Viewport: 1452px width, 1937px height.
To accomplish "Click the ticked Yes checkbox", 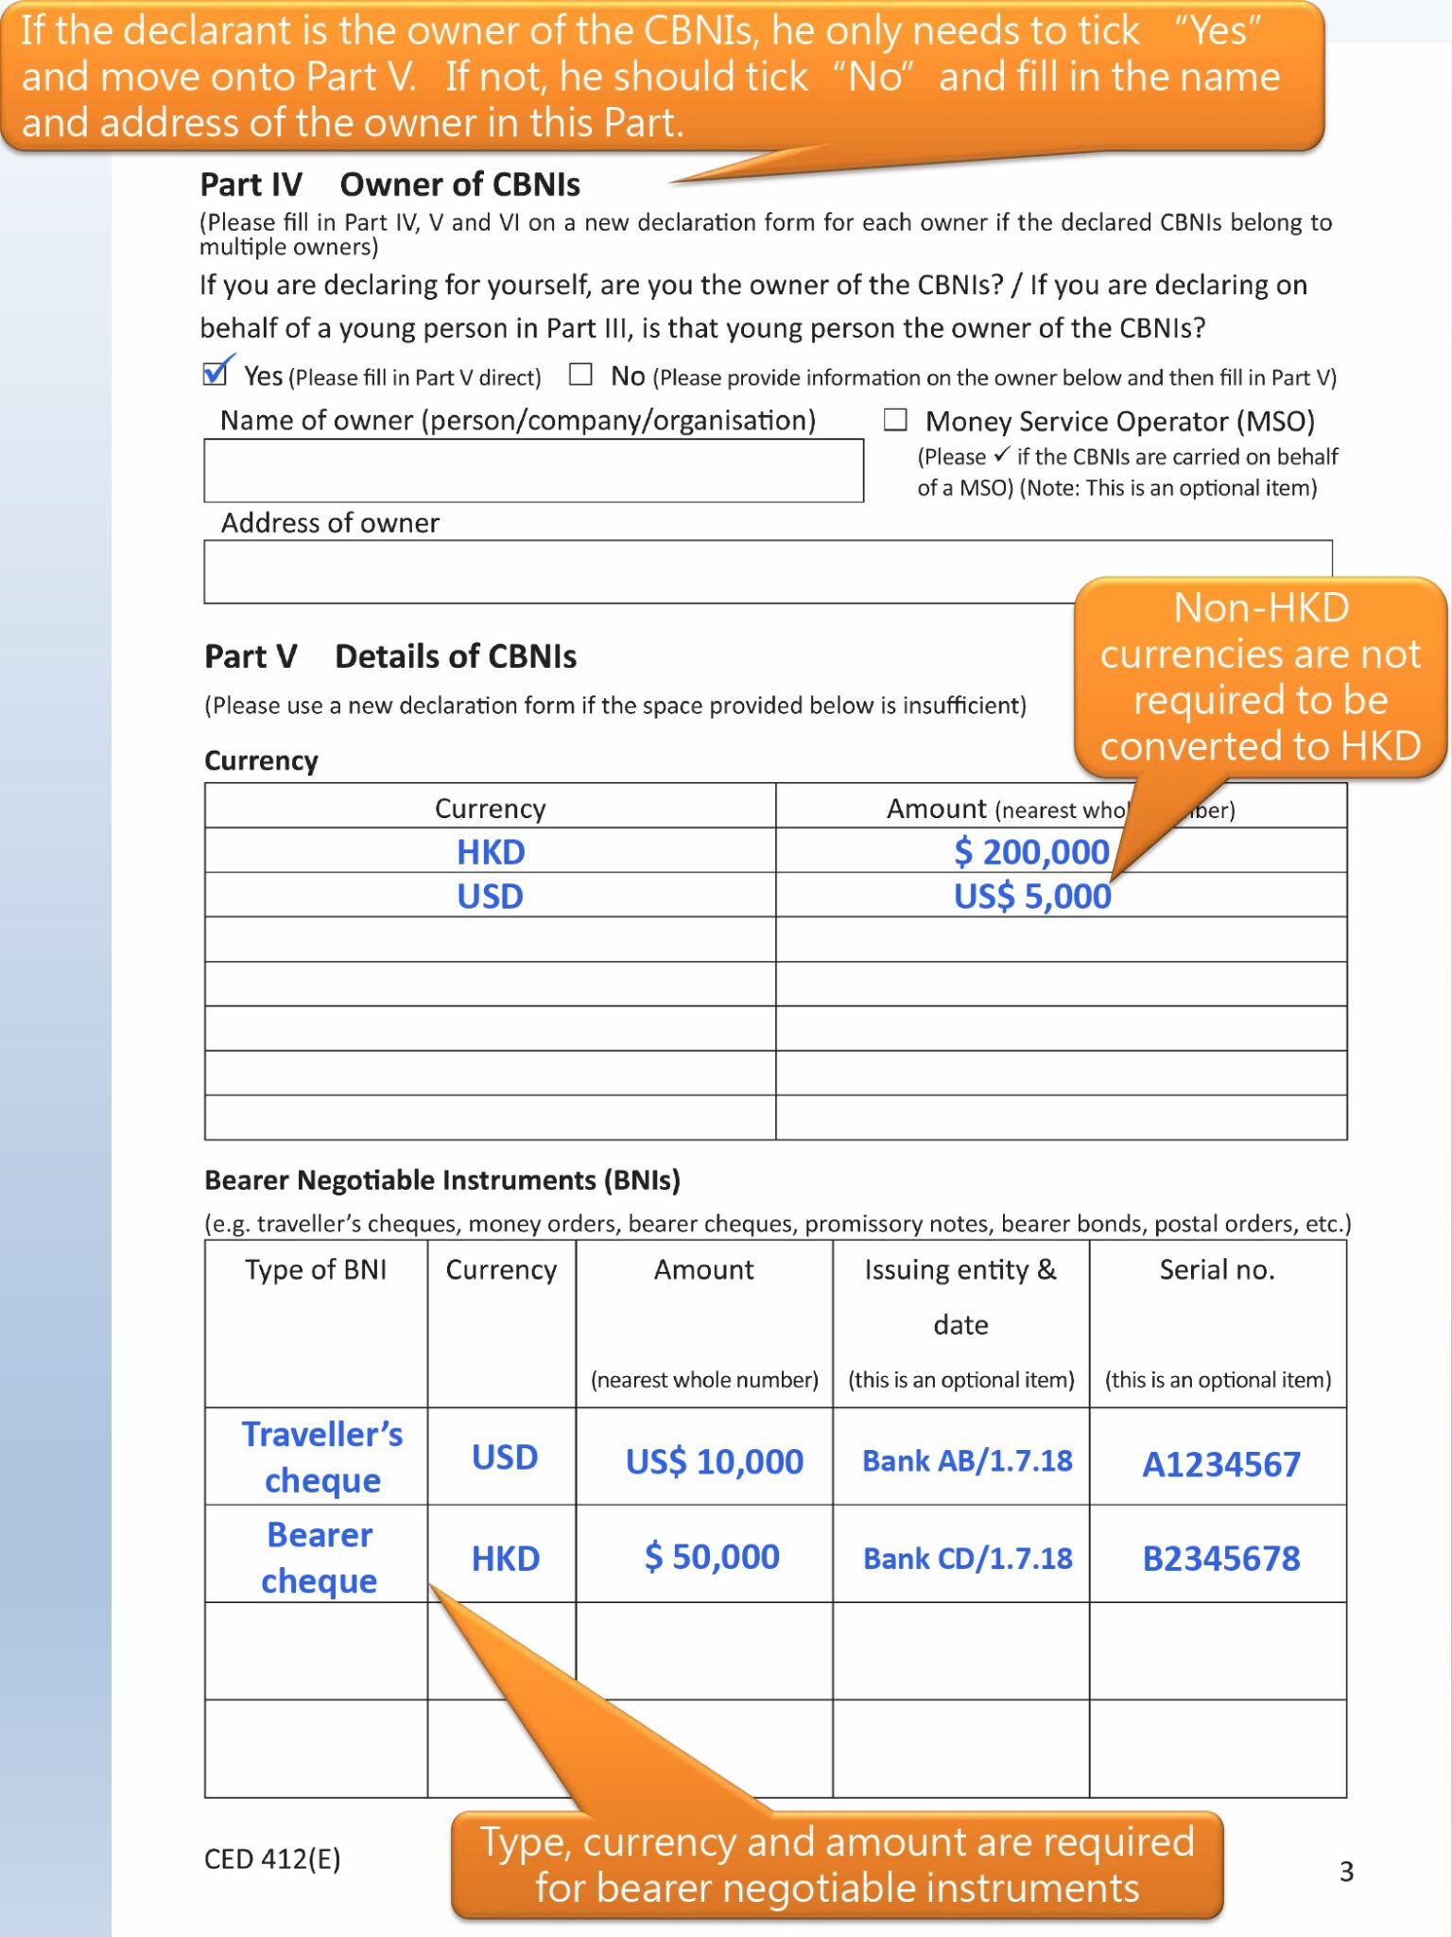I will [x=216, y=375].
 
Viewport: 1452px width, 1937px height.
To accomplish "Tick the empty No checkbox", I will [x=580, y=375].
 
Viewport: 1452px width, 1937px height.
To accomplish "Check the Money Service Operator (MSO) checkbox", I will [x=895, y=420].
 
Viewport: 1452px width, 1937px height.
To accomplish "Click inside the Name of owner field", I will [x=533, y=470].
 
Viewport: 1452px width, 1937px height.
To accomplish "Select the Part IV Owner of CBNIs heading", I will [x=389, y=184].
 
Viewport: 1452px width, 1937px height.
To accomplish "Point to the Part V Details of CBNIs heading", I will [x=389, y=656].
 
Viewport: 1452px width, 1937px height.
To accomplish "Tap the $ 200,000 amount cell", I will [x=1031, y=851].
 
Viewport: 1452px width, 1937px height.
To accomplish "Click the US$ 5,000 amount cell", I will [x=1031, y=896].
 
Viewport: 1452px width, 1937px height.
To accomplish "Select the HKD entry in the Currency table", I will [x=491, y=851].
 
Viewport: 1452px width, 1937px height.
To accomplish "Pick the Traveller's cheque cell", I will [x=321, y=1457].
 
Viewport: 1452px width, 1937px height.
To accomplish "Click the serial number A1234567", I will [x=1220, y=1464].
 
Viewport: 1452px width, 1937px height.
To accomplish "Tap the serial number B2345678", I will [x=1220, y=1558].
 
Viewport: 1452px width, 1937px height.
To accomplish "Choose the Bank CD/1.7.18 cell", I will [x=967, y=1558].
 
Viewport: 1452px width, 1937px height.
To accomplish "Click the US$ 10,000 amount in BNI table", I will [x=714, y=1462].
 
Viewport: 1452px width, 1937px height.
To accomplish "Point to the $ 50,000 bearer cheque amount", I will [x=712, y=1557].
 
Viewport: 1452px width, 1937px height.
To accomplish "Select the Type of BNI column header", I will [x=316, y=1269].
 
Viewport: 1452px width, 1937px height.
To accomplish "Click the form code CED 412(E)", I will [x=272, y=1859].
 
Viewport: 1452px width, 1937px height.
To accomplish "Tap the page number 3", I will [x=1346, y=1871].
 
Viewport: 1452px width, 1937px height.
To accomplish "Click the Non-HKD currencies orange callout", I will [x=1259, y=677].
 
